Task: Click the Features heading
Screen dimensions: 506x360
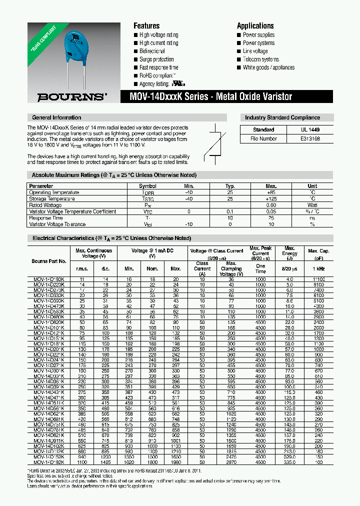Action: point(146,25)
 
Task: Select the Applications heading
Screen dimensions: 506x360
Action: point(255,25)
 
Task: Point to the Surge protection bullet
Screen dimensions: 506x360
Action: point(156,59)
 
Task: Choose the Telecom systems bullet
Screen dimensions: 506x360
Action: point(260,59)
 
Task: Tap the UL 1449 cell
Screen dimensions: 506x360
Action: point(310,129)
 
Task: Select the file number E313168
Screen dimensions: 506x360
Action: point(310,138)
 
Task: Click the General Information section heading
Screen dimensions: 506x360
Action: point(56,117)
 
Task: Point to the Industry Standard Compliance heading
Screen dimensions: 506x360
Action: point(282,117)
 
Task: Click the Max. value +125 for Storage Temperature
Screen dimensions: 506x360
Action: point(271,198)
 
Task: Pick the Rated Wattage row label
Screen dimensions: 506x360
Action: point(46,205)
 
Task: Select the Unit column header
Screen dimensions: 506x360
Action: point(312,186)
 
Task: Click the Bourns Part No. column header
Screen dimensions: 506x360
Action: point(49,261)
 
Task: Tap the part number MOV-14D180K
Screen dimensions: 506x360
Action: point(49,278)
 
